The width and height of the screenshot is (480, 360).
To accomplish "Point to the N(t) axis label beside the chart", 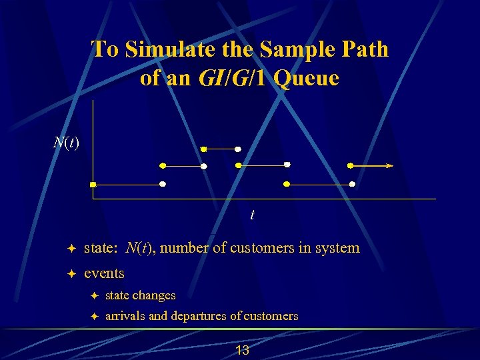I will point(66,142).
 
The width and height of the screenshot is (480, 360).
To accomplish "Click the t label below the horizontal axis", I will point(252,215).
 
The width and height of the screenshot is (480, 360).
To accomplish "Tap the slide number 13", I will point(242,350).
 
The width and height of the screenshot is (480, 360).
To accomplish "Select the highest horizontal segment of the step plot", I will point(221,149).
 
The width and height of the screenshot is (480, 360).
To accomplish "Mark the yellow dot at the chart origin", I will point(93,184).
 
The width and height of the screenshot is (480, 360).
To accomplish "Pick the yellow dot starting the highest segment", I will point(204,149).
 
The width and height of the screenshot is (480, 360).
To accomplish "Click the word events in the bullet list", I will point(104,273).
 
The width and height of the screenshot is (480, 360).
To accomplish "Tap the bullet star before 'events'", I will point(71,274).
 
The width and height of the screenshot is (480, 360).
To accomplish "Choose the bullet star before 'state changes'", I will point(94,295).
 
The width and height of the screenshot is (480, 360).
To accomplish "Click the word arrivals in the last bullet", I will point(125,316).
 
